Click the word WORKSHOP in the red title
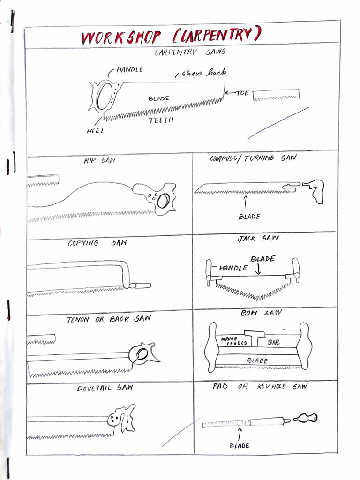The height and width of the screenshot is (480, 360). coord(121,37)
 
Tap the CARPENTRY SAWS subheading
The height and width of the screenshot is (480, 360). coord(190,52)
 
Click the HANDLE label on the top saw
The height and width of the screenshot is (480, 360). coord(129,70)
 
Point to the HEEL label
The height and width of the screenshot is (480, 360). coord(95,131)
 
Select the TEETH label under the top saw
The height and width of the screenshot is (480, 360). coord(161,121)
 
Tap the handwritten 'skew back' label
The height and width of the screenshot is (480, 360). coord(202,73)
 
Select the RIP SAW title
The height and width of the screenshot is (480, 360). coord(99,161)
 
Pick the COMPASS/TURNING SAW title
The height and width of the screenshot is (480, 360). coord(253,158)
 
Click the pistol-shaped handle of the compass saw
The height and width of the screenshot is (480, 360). coord(315,190)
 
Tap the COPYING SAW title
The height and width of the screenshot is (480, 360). coord(97,243)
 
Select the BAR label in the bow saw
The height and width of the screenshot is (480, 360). coord(273,343)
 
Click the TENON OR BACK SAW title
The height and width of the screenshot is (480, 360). coord(109,319)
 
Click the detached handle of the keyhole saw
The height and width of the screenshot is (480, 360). coord(305,418)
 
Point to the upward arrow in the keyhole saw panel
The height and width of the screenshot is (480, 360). coord(240,434)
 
